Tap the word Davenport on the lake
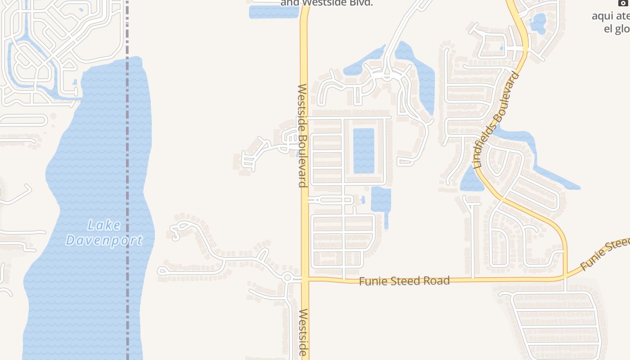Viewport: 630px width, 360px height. click(x=104, y=240)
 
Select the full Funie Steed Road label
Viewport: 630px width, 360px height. click(x=404, y=281)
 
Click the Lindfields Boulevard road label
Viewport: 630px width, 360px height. click(x=497, y=120)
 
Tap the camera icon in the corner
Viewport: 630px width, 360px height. click(x=622, y=3)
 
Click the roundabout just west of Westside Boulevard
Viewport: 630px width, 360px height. click(x=288, y=278)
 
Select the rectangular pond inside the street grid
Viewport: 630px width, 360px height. click(x=364, y=151)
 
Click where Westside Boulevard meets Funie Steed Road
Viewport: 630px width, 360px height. click(x=305, y=279)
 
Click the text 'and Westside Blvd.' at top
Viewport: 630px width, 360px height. click(x=327, y=3)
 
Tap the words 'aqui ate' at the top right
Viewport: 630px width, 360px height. click(x=610, y=16)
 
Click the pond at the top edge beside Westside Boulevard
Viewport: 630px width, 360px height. click(x=274, y=11)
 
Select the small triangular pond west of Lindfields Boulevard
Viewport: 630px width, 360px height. click(x=471, y=180)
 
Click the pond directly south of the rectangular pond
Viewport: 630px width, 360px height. click(x=381, y=201)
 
